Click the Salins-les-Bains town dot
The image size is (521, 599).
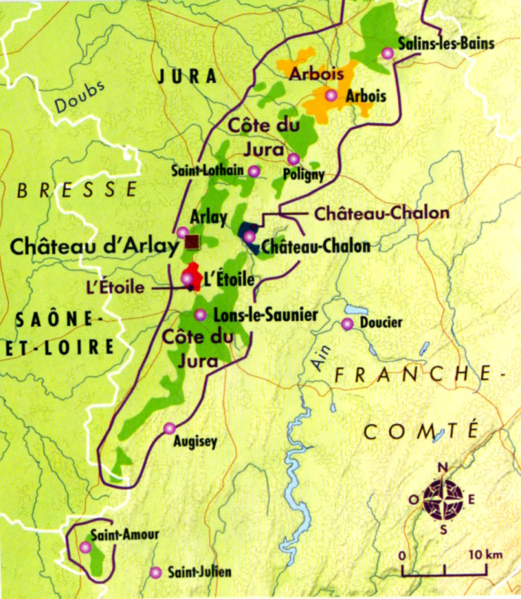(388, 54)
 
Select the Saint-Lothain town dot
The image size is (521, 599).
(254, 171)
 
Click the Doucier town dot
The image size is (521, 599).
(347, 323)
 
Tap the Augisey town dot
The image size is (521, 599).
(169, 428)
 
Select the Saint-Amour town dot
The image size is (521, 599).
(86, 547)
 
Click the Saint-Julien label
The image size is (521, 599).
(201, 572)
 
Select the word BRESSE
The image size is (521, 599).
(77, 189)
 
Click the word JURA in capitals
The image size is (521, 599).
(189, 77)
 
